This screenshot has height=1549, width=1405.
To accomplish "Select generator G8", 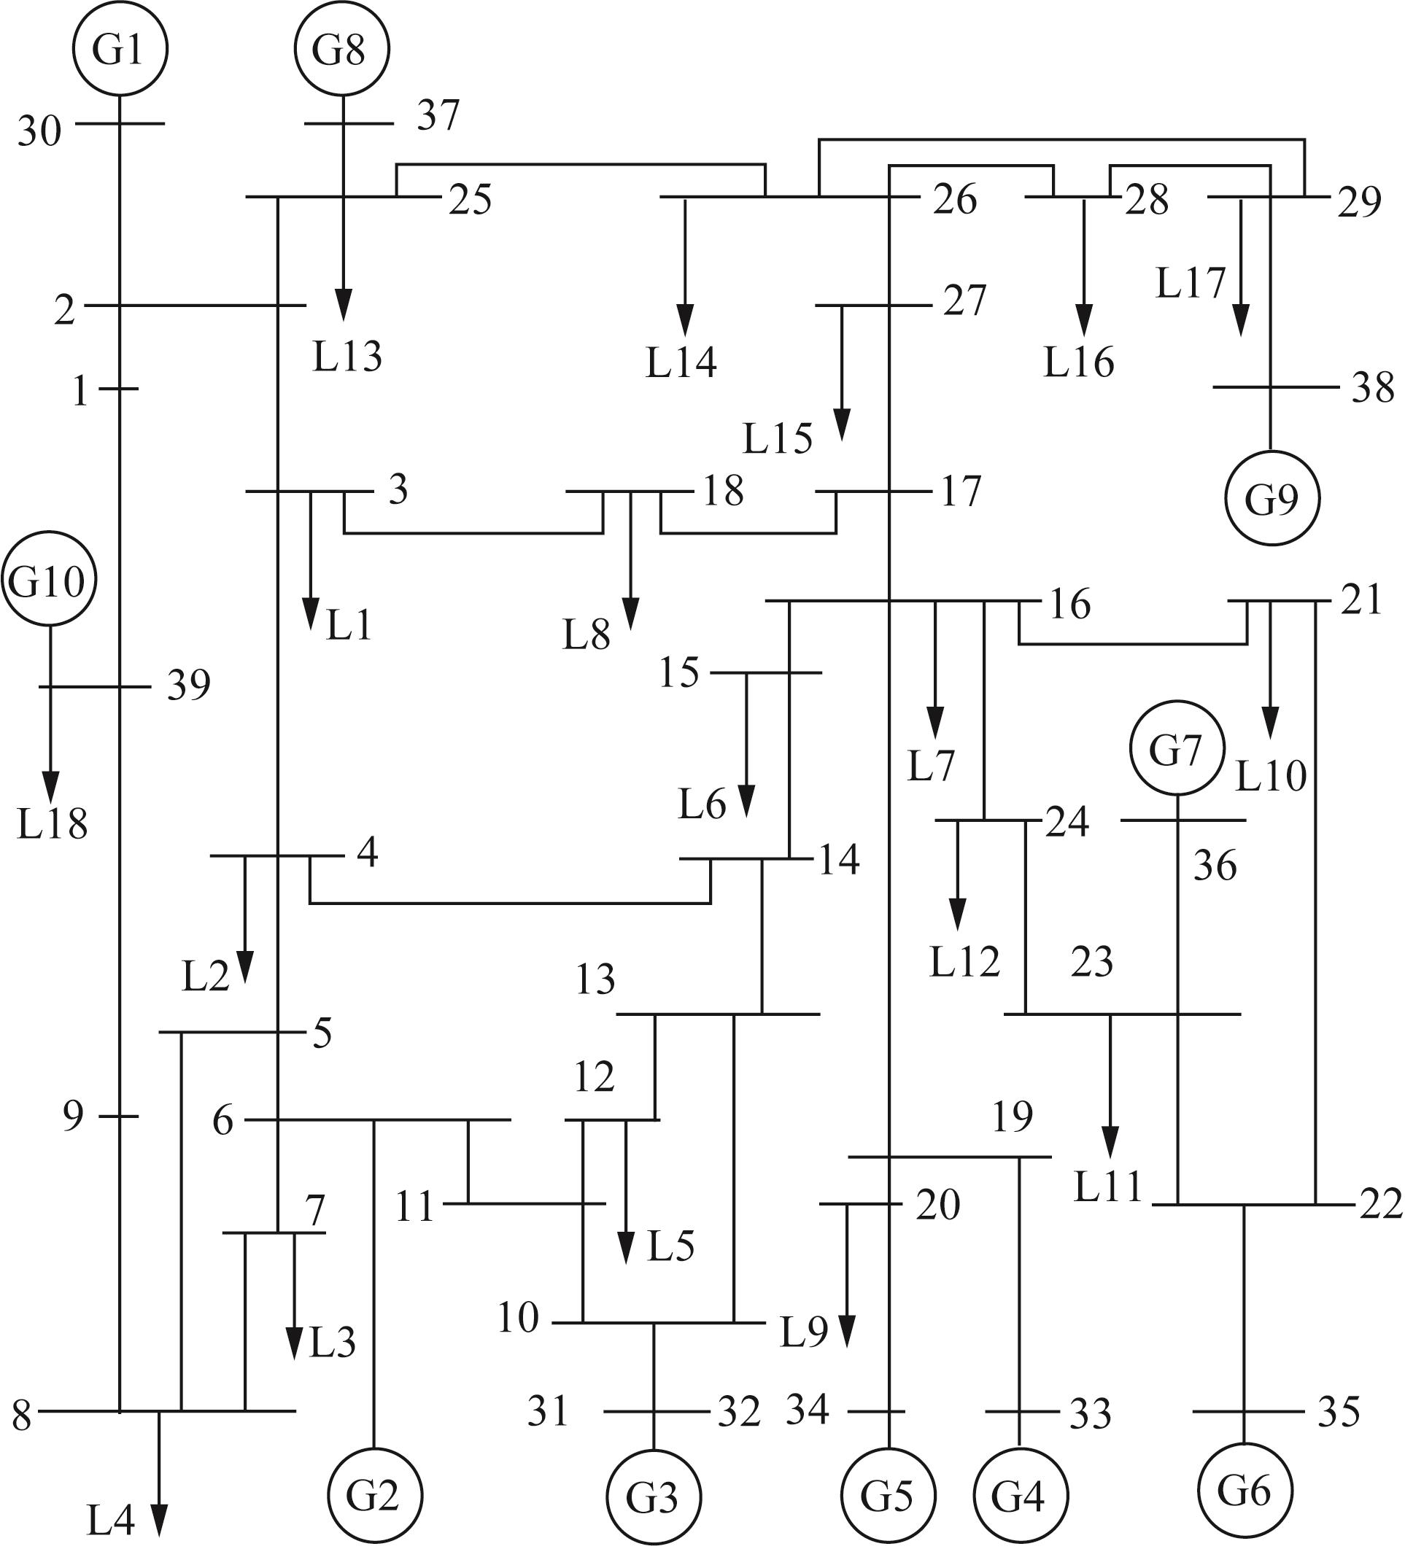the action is (342, 48).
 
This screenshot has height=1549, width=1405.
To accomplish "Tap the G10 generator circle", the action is (49, 578).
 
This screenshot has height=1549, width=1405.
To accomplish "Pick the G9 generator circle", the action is (1272, 498).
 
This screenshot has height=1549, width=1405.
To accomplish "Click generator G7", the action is (1177, 748).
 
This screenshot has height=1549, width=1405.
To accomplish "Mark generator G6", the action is (1245, 1491).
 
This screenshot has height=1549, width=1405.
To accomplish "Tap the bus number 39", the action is (189, 685).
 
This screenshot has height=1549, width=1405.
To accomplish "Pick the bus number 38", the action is (1374, 388).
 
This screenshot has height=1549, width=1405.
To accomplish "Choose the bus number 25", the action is (471, 200).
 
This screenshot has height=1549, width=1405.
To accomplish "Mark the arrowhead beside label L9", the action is (846, 1330).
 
